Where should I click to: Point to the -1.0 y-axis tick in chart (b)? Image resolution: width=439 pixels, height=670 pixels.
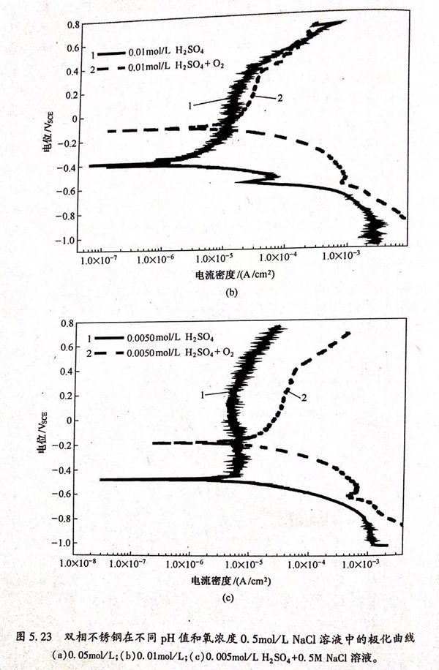click(67, 240)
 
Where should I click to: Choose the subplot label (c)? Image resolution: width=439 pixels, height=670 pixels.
click(228, 598)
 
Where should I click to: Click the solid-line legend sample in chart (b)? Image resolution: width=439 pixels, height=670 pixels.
click(110, 54)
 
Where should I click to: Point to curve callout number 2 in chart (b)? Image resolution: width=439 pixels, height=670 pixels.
click(279, 97)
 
